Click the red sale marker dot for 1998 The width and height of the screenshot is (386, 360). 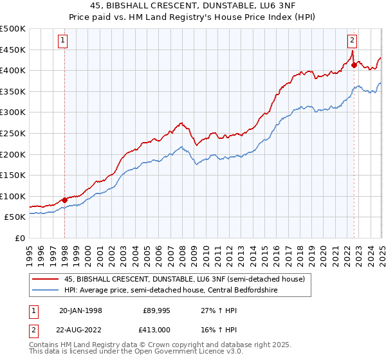tap(65, 200)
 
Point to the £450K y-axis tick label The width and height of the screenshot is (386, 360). tap(14, 50)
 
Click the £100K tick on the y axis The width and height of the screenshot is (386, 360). tap(14, 196)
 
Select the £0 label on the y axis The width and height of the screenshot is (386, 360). tap(20, 238)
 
